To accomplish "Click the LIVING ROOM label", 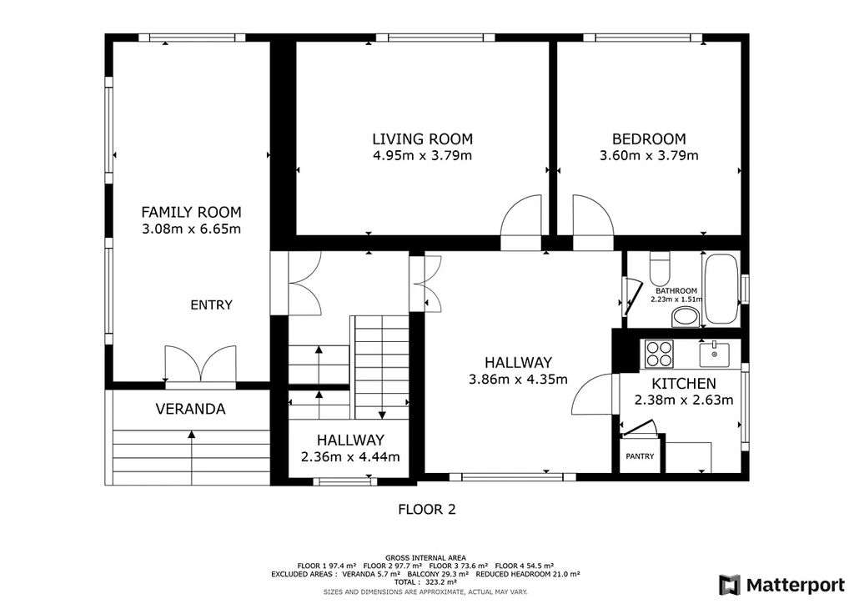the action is [x=422, y=138].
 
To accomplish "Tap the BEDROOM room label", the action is [x=649, y=138].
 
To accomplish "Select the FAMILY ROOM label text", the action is [x=191, y=212].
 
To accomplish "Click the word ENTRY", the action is [x=211, y=305].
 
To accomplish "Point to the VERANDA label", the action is [x=191, y=409].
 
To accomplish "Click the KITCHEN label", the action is [x=684, y=384].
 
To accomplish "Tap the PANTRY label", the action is [x=640, y=456].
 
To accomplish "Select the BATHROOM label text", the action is [x=676, y=291].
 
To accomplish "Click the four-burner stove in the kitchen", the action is [x=659, y=354].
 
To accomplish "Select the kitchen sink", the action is [x=714, y=354].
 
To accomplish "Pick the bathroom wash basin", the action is [x=686, y=317].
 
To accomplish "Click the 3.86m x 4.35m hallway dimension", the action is [x=518, y=379].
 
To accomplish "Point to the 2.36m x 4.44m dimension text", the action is [x=350, y=456].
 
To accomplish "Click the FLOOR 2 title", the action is [x=427, y=510].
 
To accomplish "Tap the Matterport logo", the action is [x=781, y=585].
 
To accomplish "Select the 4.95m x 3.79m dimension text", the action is [x=422, y=156].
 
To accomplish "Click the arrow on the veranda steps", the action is [x=192, y=457].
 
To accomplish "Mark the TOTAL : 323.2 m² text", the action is [x=426, y=582].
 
